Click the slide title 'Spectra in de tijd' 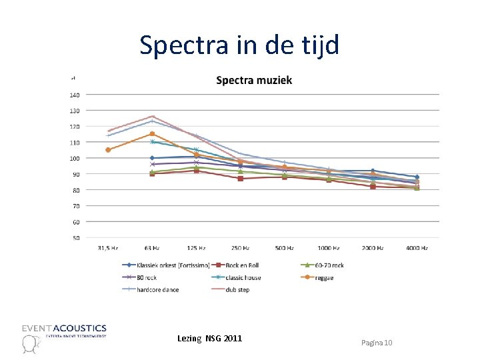239,45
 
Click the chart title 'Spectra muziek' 254,81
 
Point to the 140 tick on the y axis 75,95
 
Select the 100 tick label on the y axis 75,158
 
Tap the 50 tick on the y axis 76,238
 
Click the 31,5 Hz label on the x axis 107,248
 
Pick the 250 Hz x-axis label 240,248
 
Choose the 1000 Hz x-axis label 328,248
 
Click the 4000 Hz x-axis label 417,248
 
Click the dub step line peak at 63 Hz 152,117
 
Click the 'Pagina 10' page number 377,342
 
